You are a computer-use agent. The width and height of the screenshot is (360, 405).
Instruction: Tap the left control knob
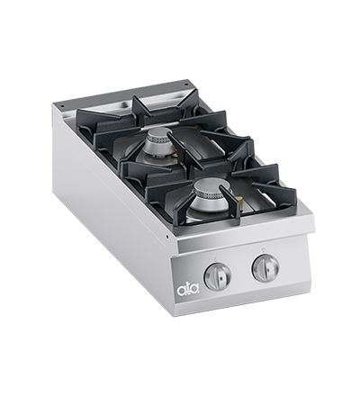click(x=217, y=275)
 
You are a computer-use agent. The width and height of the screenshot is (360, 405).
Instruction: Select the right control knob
click(x=265, y=266)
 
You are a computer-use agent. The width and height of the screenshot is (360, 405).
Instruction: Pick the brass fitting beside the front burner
click(x=240, y=213)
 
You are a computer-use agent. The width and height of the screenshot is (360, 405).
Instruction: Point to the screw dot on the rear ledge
click(x=187, y=88)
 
